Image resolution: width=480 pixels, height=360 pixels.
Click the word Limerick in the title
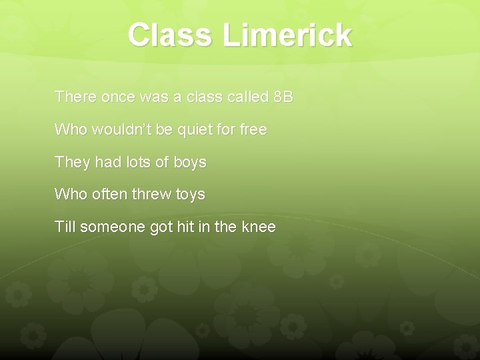click(x=288, y=35)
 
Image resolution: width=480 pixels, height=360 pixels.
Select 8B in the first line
click(x=283, y=97)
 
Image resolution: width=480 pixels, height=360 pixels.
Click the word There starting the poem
click(x=75, y=97)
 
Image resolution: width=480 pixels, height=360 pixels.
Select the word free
click(x=253, y=129)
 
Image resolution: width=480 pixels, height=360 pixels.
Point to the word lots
click(x=131, y=162)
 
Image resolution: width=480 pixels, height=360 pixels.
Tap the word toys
click(x=189, y=195)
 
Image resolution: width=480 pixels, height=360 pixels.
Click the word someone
click(x=113, y=227)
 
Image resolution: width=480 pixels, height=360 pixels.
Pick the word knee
click(x=258, y=227)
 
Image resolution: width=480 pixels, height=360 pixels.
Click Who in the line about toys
click(x=69, y=195)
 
